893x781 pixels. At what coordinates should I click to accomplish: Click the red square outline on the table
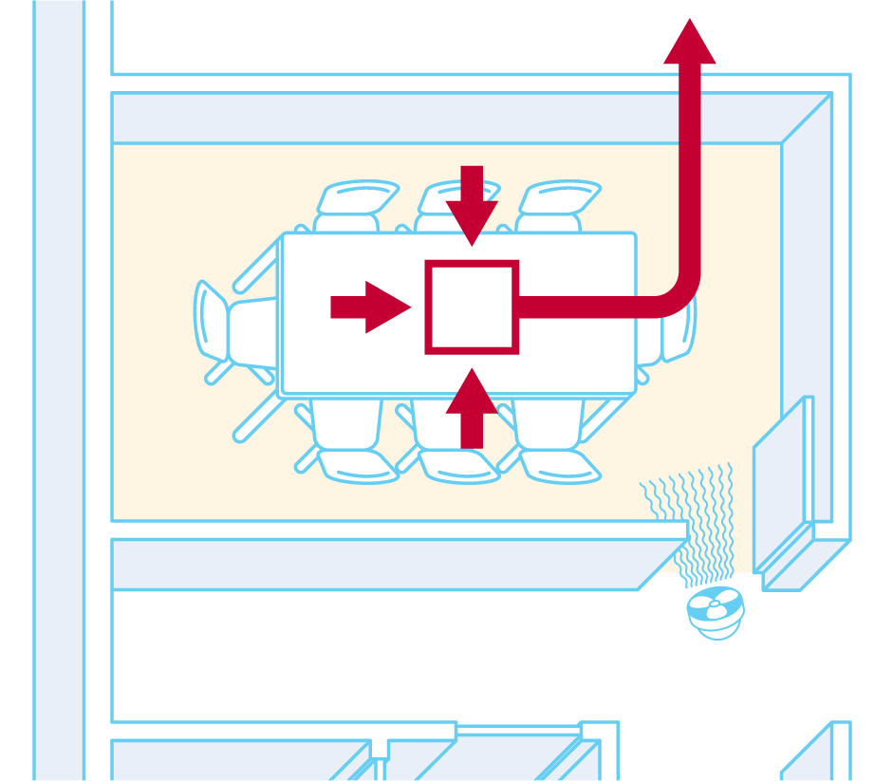point(472,307)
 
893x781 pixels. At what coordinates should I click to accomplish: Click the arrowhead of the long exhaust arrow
point(690,43)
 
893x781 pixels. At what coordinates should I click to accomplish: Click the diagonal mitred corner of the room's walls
point(807,118)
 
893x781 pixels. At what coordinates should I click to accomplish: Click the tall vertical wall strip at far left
point(59,380)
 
